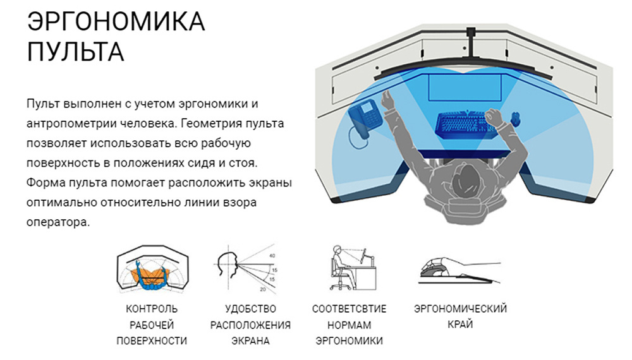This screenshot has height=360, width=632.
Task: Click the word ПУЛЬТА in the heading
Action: click(75, 51)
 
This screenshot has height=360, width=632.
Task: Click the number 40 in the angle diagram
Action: click(272, 256)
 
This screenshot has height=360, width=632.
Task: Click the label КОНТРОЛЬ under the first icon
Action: click(152, 309)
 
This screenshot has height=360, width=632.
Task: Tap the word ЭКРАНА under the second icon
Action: click(250, 341)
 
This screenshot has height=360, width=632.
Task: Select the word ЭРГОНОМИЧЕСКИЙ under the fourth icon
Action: click(460, 309)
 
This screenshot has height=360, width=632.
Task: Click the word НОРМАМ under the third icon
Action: click(349, 325)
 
